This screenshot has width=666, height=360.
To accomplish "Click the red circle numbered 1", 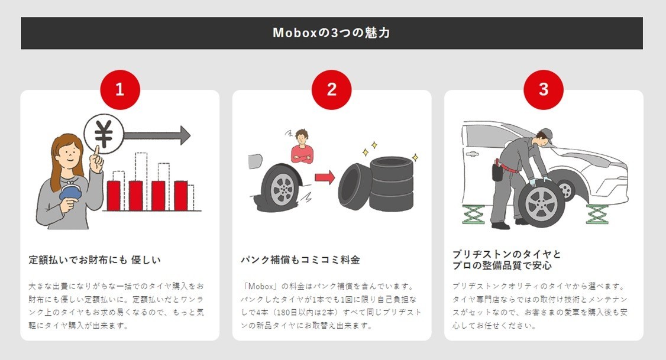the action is pos(120,90).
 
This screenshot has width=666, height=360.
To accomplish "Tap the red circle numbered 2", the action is pos(331,90).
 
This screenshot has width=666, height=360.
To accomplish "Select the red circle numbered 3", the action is pos(543,90).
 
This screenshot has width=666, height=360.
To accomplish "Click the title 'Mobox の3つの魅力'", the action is pos(331,33).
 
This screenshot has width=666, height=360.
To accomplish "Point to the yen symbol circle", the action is pos(104,134).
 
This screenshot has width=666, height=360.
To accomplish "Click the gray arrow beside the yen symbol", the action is pos(157,135).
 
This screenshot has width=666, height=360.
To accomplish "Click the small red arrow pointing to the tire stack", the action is pos(325,177).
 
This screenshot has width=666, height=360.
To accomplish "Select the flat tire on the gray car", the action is pos(281,187).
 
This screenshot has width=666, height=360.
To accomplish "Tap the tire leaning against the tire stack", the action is pos(355,187).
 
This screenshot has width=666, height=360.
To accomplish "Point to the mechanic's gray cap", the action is pos(545,134).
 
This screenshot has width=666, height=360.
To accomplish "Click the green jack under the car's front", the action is pos(597,214).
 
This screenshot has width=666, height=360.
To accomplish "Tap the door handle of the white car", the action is pos(471,154).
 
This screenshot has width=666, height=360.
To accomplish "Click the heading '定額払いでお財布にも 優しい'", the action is pos(95,260).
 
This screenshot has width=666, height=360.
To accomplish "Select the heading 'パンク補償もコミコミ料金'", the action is pos(300,260).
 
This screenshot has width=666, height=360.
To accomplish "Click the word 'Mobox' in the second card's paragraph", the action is pos(261,287).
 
